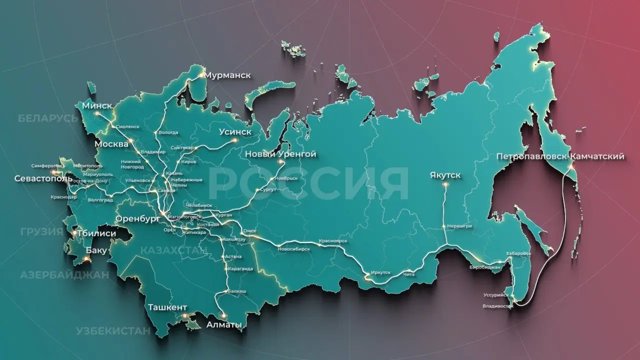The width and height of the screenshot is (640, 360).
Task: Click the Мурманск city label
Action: (x=228, y=75)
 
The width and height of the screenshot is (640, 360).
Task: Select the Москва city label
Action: (x=111, y=144)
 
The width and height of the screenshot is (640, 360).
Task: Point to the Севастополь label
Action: (x=40, y=178)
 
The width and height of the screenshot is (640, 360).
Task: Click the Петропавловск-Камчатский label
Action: (x=560, y=156)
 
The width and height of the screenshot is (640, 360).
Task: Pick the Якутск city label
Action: (x=445, y=175)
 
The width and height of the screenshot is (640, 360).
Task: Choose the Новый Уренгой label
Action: (x=280, y=154)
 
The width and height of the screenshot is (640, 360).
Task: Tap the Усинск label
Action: (x=235, y=132)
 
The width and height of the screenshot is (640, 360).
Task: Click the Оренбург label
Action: (x=134, y=219)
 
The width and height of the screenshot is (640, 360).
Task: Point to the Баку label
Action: (x=96, y=250)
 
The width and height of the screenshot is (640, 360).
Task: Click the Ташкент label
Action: (x=167, y=307)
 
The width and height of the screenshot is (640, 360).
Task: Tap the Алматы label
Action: (x=224, y=325)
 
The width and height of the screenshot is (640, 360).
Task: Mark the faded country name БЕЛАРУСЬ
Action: (x=48, y=118)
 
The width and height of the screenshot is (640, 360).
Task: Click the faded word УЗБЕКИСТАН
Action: (x=113, y=330)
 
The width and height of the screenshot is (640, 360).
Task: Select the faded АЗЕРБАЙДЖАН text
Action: (x=64, y=275)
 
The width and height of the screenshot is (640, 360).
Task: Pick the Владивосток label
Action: (x=498, y=305)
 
